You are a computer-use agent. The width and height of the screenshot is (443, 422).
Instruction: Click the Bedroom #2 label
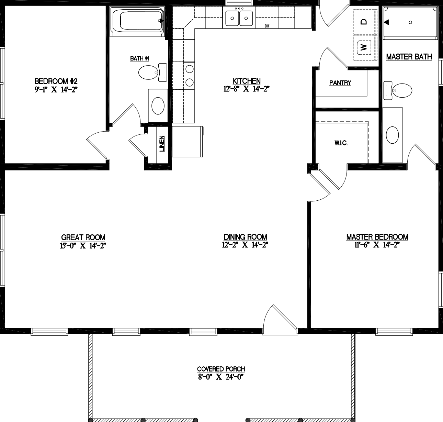click(56, 81)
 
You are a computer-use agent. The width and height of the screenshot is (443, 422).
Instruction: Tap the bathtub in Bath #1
click(137, 21)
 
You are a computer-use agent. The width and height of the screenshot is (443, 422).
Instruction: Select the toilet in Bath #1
click(151, 72)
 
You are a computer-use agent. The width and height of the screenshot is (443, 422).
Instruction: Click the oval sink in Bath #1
click(158, 105)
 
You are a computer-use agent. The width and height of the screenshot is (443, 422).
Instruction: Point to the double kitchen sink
click(239, 17)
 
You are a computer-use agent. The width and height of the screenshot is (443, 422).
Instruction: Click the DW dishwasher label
click(267, 26)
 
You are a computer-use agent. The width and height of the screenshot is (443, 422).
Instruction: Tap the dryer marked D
click(364, 21)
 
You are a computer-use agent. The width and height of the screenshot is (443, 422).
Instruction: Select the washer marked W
click(364, 47)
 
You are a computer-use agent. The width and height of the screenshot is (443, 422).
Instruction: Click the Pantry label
click(340, 83)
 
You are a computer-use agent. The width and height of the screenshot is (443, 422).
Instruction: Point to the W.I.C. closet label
click(341, 143)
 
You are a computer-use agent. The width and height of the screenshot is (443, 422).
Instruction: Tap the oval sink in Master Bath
click(392, 135)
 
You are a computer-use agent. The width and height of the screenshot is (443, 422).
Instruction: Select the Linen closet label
click(162, 144)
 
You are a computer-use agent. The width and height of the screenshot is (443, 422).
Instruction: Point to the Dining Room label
click(245, 237)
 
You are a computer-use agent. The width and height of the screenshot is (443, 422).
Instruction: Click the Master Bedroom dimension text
click(377, 245)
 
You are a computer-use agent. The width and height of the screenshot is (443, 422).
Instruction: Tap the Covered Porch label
click(221, 369)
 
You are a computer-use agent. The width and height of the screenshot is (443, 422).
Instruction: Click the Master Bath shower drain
click(410, 22)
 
